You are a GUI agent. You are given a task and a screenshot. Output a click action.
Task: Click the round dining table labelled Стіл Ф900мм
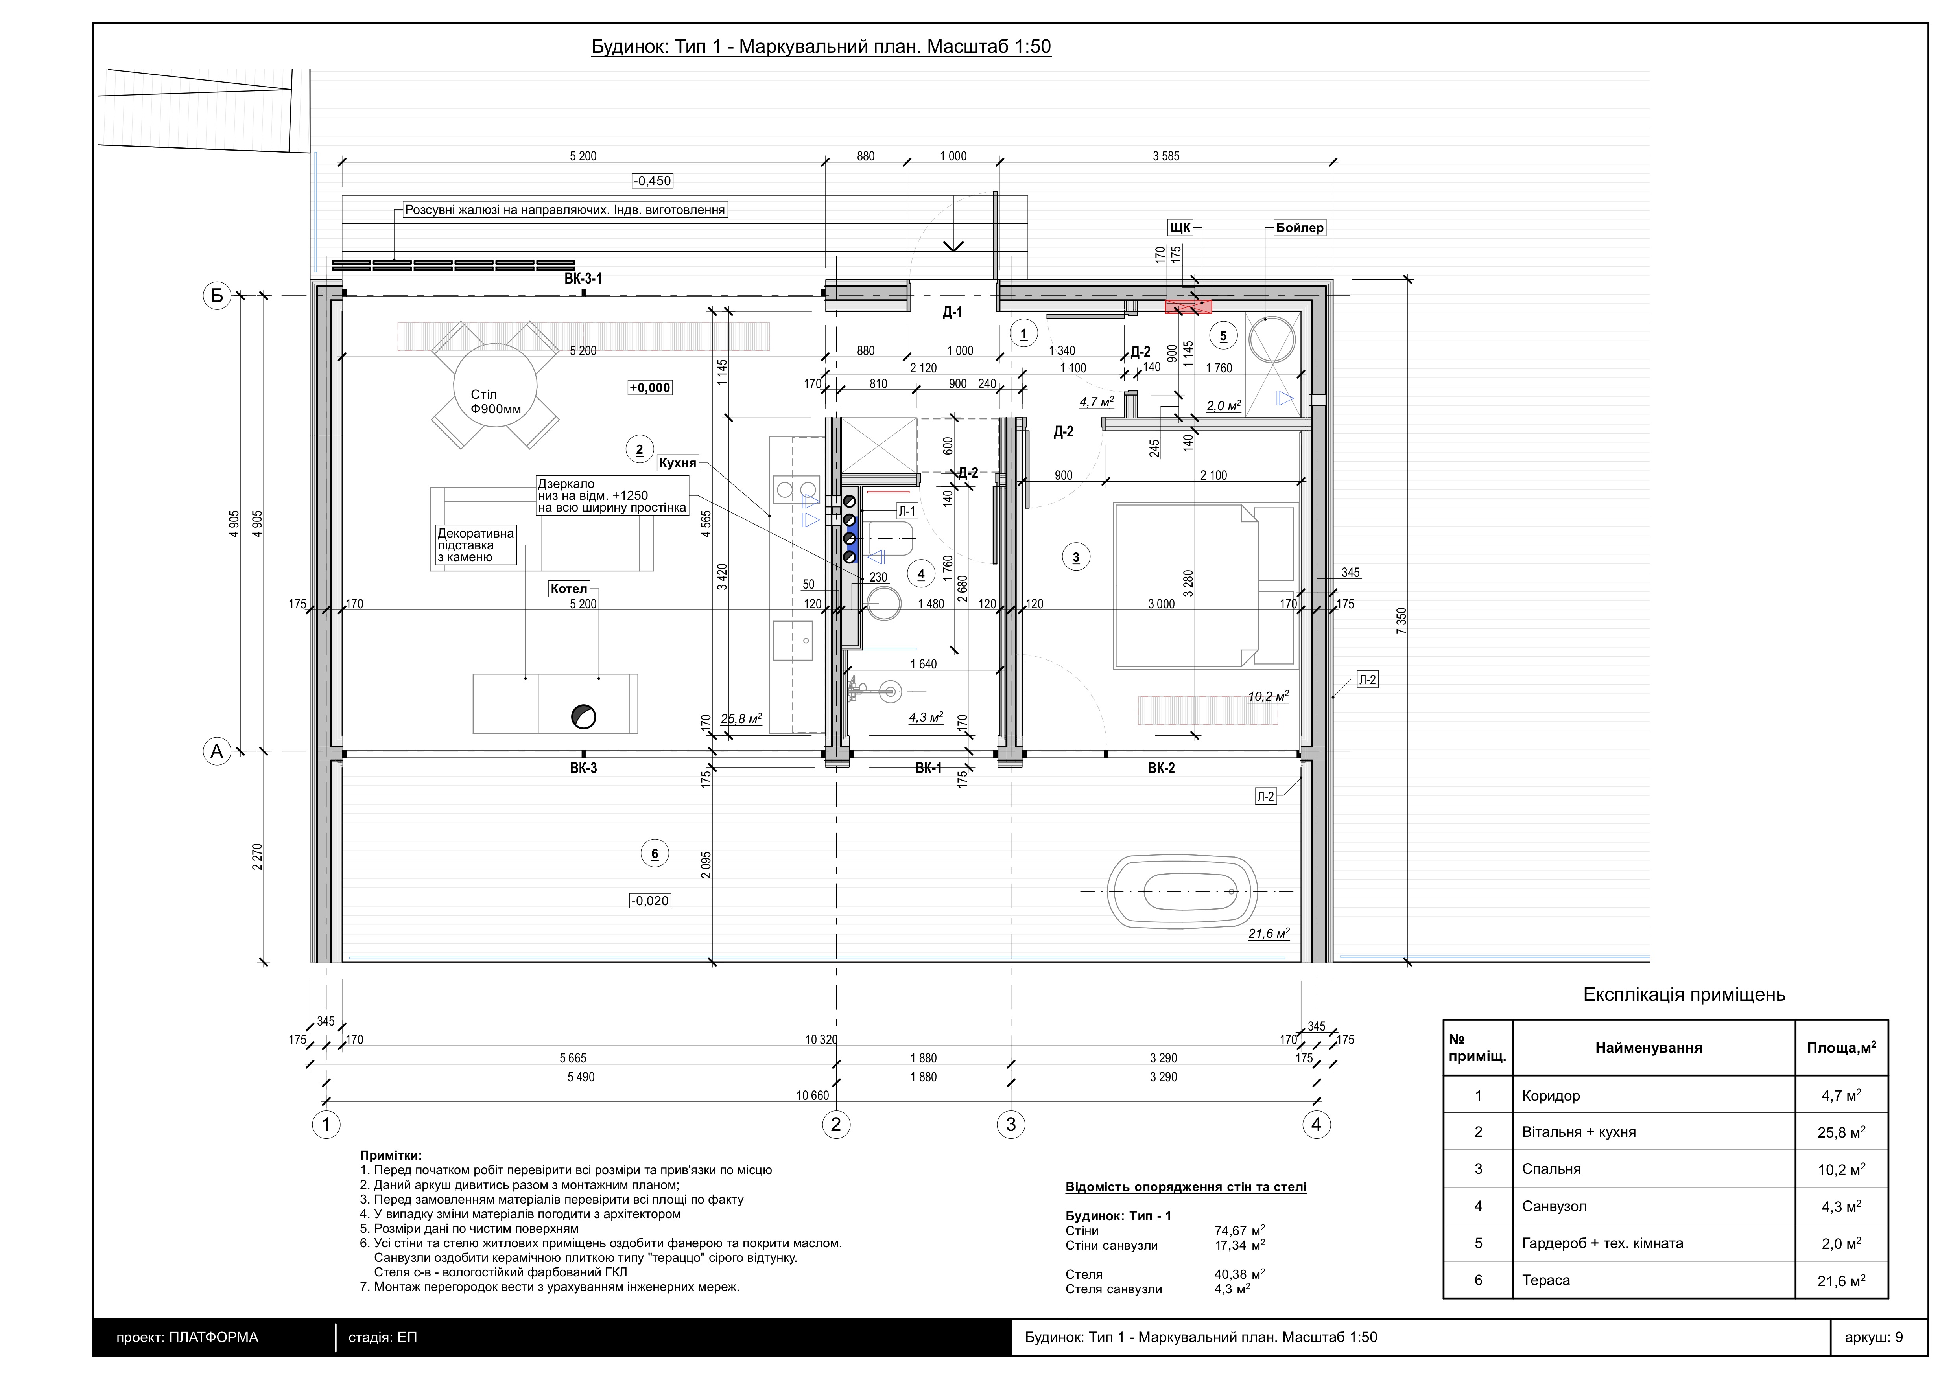pyautogui.click(x=495, y=386)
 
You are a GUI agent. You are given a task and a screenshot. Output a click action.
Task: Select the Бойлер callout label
pyautogui.click(x=1299, y=228)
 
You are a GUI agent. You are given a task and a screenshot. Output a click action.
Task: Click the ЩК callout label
pyautogui.click(x=1180, y=228)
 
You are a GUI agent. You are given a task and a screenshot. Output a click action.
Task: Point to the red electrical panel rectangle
pyautogui.click(x=1188, y=307)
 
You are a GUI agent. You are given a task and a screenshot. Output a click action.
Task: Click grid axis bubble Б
pyautogui.click(x=218, y=296)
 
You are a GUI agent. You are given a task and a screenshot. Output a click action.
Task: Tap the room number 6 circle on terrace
pyautogui.click(x=654, y=854)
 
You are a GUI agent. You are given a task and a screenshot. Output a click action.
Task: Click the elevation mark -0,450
pyautogui.click(x=652, y=181)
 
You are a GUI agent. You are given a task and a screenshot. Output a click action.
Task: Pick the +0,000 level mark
pyautogui.click(x=650, y=387)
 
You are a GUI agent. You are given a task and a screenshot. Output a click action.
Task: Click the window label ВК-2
pyautogui.click(x=1161, y=768)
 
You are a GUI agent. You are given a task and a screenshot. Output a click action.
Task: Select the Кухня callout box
pyautogui.click(x=677, y=463)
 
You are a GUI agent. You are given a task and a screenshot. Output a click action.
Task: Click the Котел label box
pyautogui.click(x=568, y=589)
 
